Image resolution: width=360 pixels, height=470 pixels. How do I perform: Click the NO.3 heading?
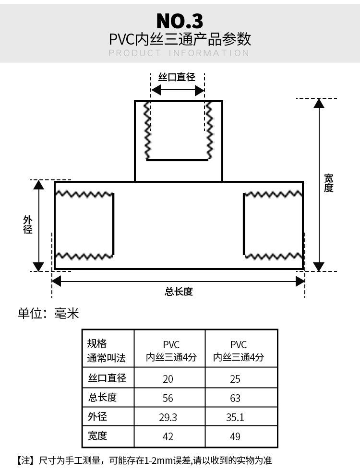coord(180,21)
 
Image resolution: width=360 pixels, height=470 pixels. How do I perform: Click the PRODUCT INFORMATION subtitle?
coord(179,53)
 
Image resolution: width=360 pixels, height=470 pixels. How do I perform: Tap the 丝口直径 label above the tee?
coord(177,77)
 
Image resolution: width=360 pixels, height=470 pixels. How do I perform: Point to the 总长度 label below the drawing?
coord(179,292)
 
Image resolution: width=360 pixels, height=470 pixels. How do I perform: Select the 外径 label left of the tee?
coord(28,224)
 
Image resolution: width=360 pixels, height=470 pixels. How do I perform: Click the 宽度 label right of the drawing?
coord(328,183)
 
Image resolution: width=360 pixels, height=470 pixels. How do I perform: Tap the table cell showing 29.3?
coord(168,417)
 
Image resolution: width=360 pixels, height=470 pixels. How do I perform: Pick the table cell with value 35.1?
coord(235,417)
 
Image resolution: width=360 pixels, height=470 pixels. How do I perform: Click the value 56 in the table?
coord(168,398)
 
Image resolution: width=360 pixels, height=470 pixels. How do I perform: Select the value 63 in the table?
coord(235,398)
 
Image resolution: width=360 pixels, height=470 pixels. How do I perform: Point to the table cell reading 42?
coord(168,436)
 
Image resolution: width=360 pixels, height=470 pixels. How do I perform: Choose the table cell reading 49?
coord(235,436)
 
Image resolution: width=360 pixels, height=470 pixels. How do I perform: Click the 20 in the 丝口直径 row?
coord(168,379)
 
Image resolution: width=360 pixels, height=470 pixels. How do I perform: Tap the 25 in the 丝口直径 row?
coord(235,379)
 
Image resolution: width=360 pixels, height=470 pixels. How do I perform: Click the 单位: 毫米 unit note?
coord(48,314)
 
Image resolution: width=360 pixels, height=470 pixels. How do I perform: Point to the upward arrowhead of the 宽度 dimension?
coord(319,104)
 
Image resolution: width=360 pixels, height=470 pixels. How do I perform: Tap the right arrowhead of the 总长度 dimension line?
coord(300,281)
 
